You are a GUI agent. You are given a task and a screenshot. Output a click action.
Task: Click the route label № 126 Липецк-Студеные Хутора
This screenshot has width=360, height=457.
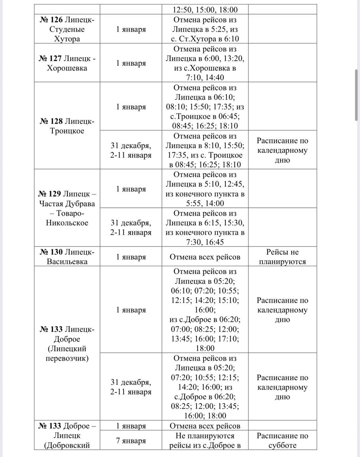tap(67, 29)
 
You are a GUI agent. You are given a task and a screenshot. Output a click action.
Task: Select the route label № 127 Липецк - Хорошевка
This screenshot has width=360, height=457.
tap(67, 63)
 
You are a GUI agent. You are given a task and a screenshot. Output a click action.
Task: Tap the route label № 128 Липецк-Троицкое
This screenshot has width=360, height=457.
tap(67, 126)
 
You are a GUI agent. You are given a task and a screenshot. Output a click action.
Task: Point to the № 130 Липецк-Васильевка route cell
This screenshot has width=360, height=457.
tap(67, 257)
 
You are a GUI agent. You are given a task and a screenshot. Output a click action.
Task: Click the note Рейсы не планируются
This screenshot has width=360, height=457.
tap(282, 257)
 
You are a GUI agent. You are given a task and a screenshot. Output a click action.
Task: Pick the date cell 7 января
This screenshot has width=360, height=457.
tap(131, 441)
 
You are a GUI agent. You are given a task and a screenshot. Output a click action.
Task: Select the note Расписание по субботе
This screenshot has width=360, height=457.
tap(282, 441)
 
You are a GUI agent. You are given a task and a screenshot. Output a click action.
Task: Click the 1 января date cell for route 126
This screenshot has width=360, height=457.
tap(131, 29)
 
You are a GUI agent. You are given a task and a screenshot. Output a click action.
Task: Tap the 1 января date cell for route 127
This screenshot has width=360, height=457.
tap(131, 63)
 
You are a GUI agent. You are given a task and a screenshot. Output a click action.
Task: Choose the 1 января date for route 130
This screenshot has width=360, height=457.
tap(131, 257)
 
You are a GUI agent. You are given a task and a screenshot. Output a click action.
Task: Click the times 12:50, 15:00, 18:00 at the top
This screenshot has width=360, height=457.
tap(205, 10)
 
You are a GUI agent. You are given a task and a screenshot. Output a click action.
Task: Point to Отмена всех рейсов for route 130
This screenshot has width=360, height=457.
tap(205, 257)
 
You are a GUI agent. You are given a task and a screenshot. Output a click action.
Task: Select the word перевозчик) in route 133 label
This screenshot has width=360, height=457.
tap(67, 358)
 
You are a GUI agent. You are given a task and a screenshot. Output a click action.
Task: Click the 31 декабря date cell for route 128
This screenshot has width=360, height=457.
tap(131, 150)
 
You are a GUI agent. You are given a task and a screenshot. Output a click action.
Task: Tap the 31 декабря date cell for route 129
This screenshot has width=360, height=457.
tap(131, 227)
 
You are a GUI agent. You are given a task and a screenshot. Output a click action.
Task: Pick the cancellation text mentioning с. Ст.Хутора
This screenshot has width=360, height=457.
tap(205, 29)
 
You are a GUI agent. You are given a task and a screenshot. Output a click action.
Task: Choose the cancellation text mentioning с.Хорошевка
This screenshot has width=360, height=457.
tap(205, 63)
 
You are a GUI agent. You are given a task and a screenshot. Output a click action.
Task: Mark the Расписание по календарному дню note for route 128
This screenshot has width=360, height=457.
tap(282, 150)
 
